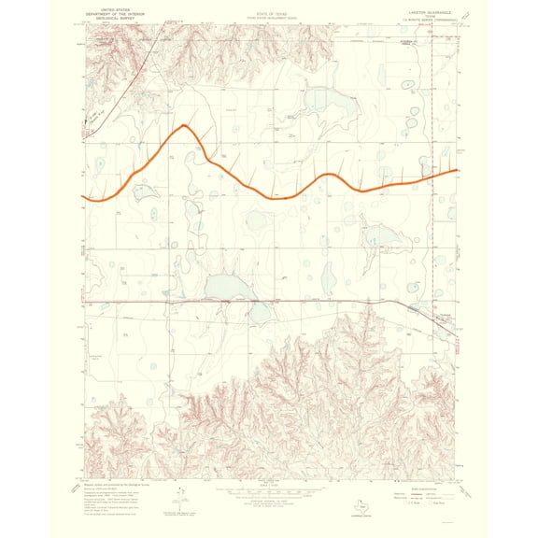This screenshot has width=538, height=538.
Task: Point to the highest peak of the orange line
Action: pos(186,125)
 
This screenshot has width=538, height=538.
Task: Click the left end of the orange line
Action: pos(84,198)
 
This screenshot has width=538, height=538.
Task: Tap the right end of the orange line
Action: pos(457,170)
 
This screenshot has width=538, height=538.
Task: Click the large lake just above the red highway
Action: pos(223,287)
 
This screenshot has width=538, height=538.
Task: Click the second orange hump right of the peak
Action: pos(330,175)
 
